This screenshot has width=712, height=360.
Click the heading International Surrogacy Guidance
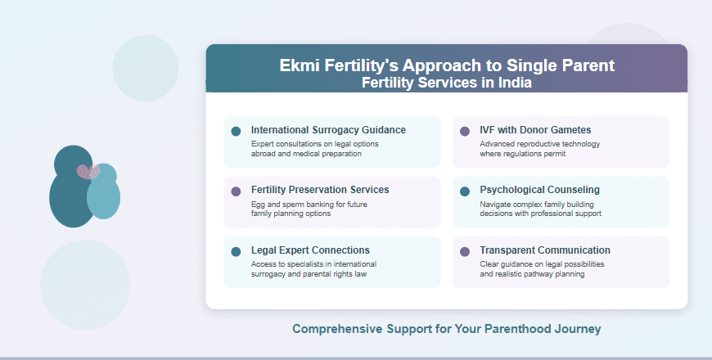click(x=328, y=130)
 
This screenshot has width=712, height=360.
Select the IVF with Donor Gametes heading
click(x=535, y=130)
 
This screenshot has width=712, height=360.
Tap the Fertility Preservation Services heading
click(x=320, y=190)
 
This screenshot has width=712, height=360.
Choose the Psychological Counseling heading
click(x=539, y=190)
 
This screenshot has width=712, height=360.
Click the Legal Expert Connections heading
click(x=310, y=250)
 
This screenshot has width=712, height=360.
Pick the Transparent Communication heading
click(x=545, y=250)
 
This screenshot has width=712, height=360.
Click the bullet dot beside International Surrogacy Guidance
click(x=236, y=131)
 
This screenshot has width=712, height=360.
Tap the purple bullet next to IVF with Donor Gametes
click(x=465, y=131)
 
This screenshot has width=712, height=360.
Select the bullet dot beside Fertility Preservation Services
click(x=236, y=191)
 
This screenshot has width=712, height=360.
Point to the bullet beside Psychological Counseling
click(x=465, y=191)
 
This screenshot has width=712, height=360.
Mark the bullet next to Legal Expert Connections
click(x=236, y=251)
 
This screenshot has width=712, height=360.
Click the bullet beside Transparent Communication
click(x=465, y=251)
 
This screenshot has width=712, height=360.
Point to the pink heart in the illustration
click(x=88, y=172)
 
